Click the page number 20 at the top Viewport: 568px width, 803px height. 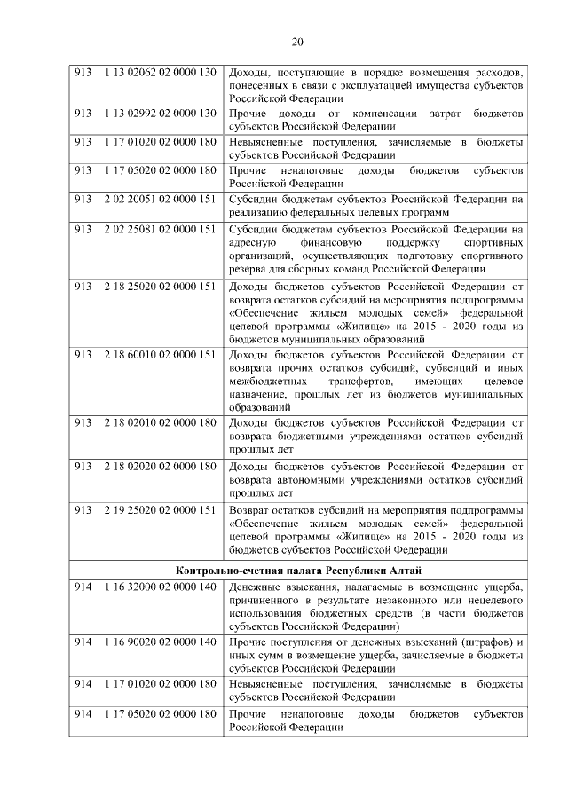[x=297, y=42]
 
